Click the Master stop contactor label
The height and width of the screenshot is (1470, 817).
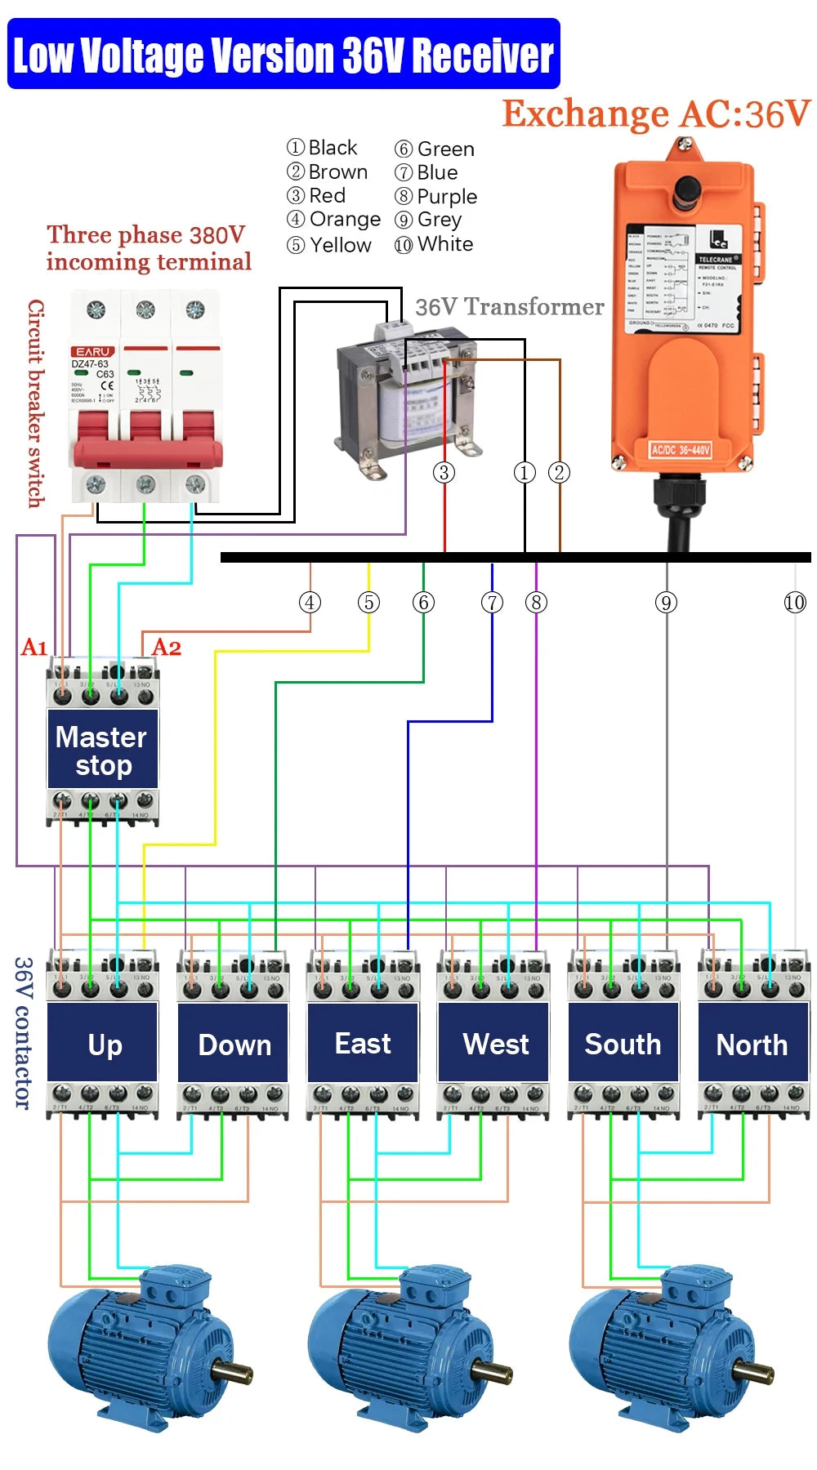pyautogui.click(x=102, y=750)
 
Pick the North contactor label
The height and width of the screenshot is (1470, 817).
pyautogui.click(x=752, y=1045)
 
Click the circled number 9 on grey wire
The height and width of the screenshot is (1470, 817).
pyautogui.click(x=666, y=603)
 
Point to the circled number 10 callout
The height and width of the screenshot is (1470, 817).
pyautogui.click(x=794, y=603)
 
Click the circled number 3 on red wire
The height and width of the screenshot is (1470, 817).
pyautogui.click(x=444, y=472)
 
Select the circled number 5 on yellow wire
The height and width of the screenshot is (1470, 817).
pyautogui.click(x=368, y=603)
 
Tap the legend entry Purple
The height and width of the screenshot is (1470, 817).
pyautogui.click(x=437, y=197)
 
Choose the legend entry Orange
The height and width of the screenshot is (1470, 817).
pyautogui.click(x=334, y=220)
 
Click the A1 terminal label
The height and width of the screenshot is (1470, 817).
pyautogui.click(x=34, y=648)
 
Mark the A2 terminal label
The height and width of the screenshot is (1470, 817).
pyautogui.click(x=167, y=648)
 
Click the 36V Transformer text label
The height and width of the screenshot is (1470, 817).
pyautogui.click(x=509, y=307)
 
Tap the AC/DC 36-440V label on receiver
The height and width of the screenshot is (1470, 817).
pyautogui.click(x=680, y=450)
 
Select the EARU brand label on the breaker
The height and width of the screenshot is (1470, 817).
pyautogui.click(x=92, y=352)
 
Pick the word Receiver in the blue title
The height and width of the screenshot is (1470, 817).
pyautogui.click(x=482, y=55)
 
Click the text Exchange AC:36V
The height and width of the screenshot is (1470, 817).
pyautogui.click(x=655, y=114)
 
